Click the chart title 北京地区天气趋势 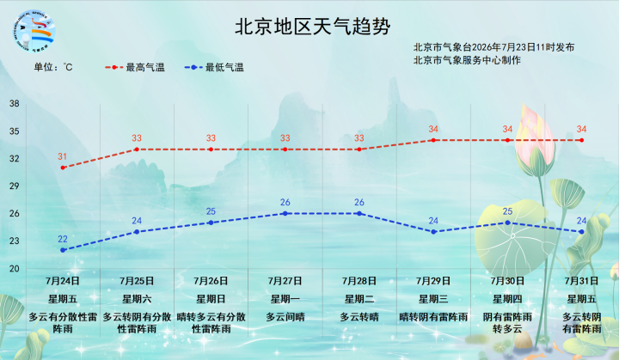click(313, 27)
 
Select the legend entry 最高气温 click(135, 68)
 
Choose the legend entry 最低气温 click(214, 68)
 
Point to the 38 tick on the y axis click(15, 104)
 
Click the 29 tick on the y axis click(15, 186)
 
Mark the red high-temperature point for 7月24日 click(63, 168)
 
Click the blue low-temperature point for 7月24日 click(63, 250)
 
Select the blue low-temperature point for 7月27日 click(285, 214)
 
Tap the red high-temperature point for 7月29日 click(433, 140)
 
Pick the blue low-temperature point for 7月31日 click(581, 232)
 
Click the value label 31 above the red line click(63, 156)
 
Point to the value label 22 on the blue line click(63, 239)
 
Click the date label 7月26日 click(211, 281)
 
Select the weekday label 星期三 click(433, 299)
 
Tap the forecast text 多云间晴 click(285, 317)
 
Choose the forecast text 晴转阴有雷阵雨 click(433, 317)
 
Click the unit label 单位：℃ click(53, 67)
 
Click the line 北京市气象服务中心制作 click(467, 60)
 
